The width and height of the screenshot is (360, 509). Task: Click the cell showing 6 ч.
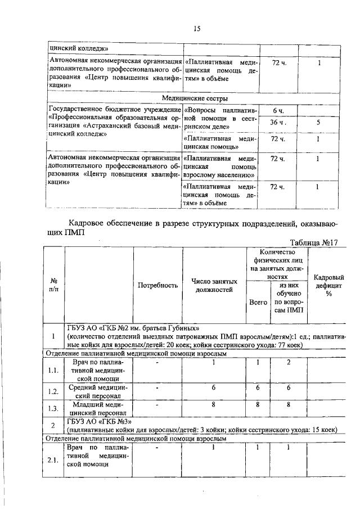click(x=278, y=110)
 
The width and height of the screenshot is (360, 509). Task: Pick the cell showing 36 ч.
click(x=278, y=123)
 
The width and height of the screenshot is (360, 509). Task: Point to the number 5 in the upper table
click(x=318, y=123)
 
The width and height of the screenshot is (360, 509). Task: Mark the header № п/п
click(x=55, y=285)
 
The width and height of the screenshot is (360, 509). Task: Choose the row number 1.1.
click(x=54, y=371)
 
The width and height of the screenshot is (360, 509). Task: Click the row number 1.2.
click(x=54, y=391)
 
